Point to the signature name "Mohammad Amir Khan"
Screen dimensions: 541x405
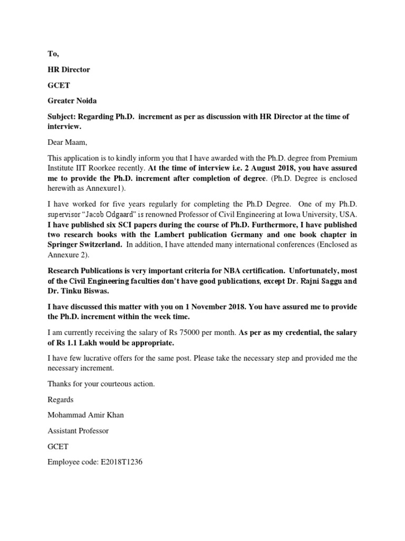86,415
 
